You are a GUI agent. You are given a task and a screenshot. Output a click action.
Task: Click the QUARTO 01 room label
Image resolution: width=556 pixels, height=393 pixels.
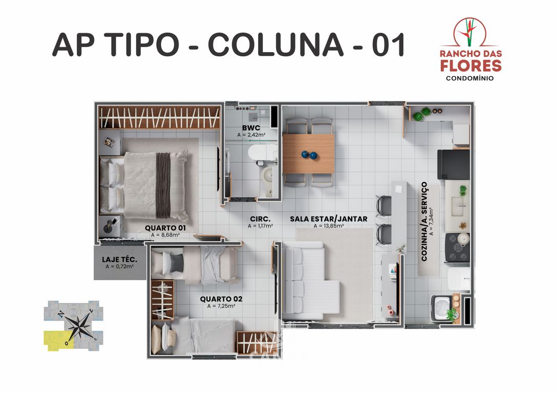164,228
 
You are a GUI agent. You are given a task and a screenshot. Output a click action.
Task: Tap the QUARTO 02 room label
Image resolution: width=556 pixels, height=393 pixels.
221,298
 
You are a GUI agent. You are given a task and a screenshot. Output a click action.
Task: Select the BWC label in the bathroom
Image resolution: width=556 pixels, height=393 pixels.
251,127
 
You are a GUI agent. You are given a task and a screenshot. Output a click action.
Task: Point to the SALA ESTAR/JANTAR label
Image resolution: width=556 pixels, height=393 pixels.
328,219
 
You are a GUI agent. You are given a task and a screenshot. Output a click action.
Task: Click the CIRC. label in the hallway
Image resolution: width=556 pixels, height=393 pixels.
260,219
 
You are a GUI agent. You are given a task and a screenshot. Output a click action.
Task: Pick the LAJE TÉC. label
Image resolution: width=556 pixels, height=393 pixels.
119,259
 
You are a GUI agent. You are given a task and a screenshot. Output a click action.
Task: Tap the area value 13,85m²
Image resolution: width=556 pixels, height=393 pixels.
328,226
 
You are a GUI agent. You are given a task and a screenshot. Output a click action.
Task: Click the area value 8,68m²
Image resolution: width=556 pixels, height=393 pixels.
165,235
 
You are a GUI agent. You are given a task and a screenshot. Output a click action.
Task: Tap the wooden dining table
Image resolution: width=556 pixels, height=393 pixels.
308,154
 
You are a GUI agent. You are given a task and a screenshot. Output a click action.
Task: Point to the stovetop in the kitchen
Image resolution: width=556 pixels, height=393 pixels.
457,247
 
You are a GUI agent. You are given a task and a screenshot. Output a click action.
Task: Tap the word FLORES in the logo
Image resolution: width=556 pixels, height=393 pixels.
471,65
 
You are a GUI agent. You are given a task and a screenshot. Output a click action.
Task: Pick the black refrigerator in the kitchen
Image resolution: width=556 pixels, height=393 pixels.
453,164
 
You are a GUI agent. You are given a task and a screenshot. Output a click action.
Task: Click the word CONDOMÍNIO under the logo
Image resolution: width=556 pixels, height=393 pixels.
471,78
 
